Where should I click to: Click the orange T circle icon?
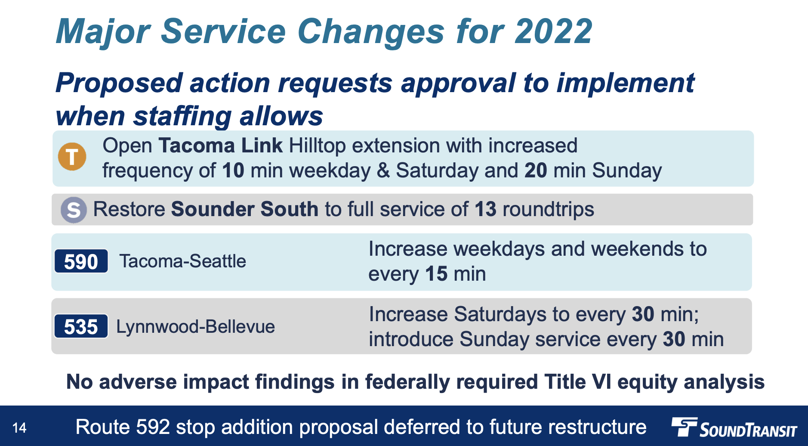click(72, 156)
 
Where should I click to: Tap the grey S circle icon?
click(74, 210)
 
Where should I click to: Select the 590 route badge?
click(81, 261)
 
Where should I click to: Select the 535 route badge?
click(81, 326)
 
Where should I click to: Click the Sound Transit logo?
click(734, 427)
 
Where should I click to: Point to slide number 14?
click(19, 428)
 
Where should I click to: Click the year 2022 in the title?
click(554, 31)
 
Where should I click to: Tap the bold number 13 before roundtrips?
click(485, 209)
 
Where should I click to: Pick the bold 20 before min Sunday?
click(536, 170)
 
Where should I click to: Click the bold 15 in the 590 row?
click(436, 274)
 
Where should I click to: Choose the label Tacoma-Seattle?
click(183, 261)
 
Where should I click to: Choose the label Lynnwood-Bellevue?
click(196, 327)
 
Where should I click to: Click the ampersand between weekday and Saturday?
click(383, 170)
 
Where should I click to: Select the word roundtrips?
click(548, 210)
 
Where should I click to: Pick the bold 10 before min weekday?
click(233, 170)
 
